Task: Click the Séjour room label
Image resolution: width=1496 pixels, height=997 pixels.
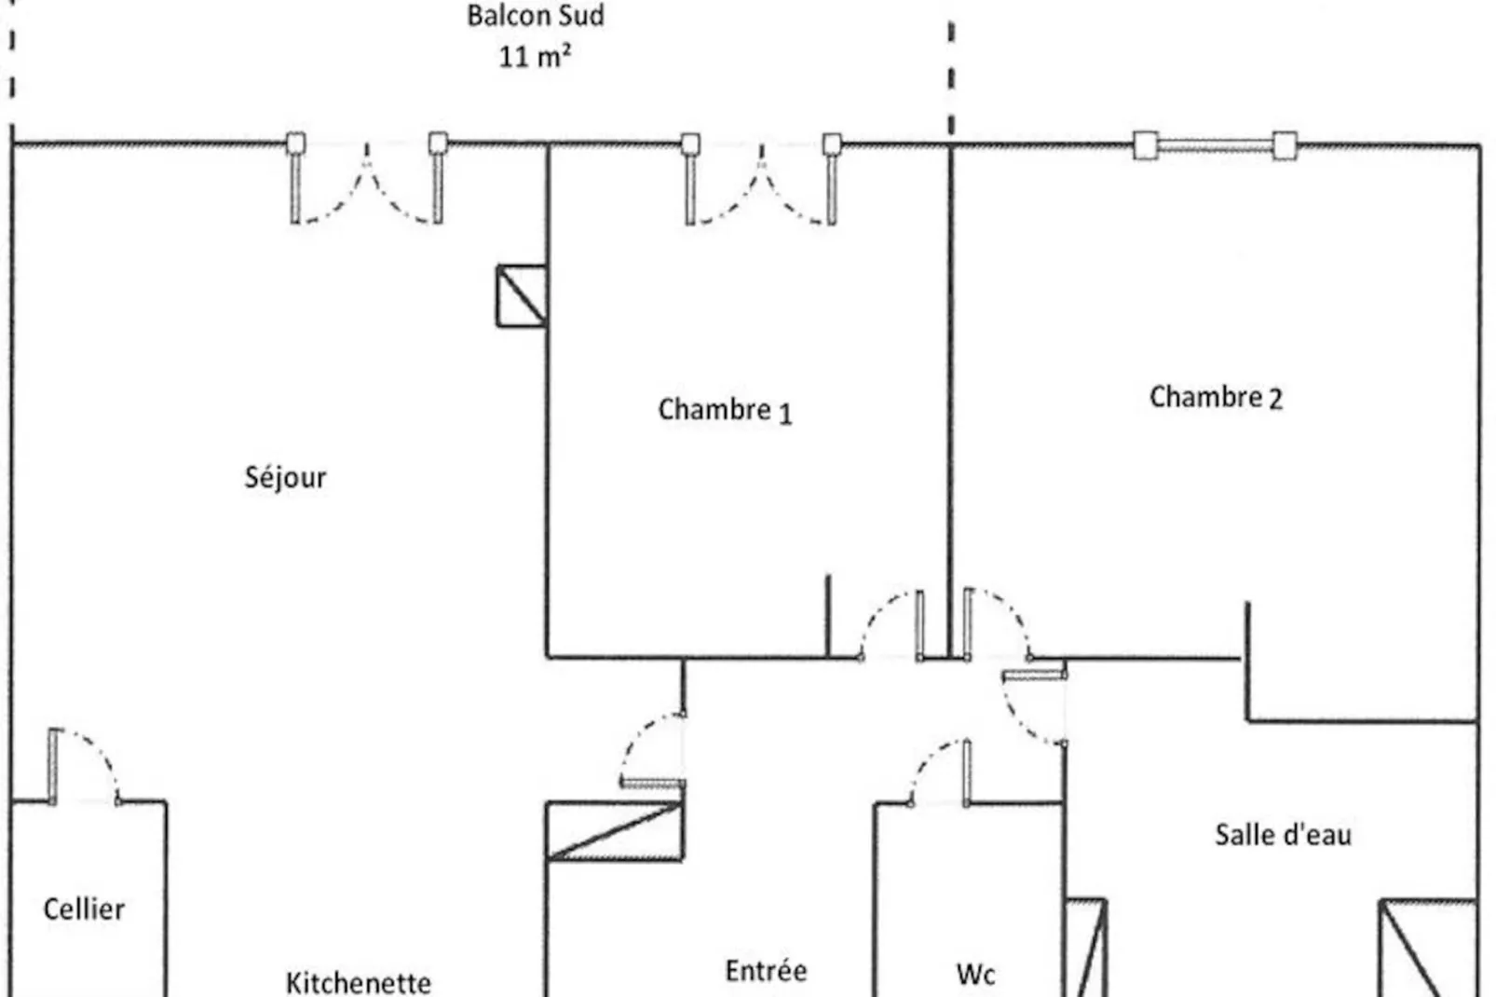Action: tap(285, 477)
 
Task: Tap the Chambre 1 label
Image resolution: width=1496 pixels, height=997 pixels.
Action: tap(725, 410)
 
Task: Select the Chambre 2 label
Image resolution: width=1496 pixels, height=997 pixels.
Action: tap(1216, 397)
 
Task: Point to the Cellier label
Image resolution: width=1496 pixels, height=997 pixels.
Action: tap(84, 908)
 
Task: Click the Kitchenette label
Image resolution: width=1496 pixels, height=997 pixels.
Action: tap(358, 982)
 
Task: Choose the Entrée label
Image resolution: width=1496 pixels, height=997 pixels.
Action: tap(766, 971)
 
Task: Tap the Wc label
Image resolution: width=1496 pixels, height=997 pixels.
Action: tap(975, 975)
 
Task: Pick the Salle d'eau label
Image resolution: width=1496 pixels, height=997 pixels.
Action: tap(1283, 835)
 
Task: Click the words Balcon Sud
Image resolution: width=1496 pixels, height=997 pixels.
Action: tap(535, 16)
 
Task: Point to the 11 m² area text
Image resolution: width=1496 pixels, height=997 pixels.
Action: tap(534, 56)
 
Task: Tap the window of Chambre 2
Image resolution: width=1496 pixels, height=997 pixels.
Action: tap(1215, 145)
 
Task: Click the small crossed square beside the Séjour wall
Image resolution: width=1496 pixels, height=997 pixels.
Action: tap(521, 296)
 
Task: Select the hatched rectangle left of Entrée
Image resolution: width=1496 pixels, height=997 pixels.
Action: tap(615, 830)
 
